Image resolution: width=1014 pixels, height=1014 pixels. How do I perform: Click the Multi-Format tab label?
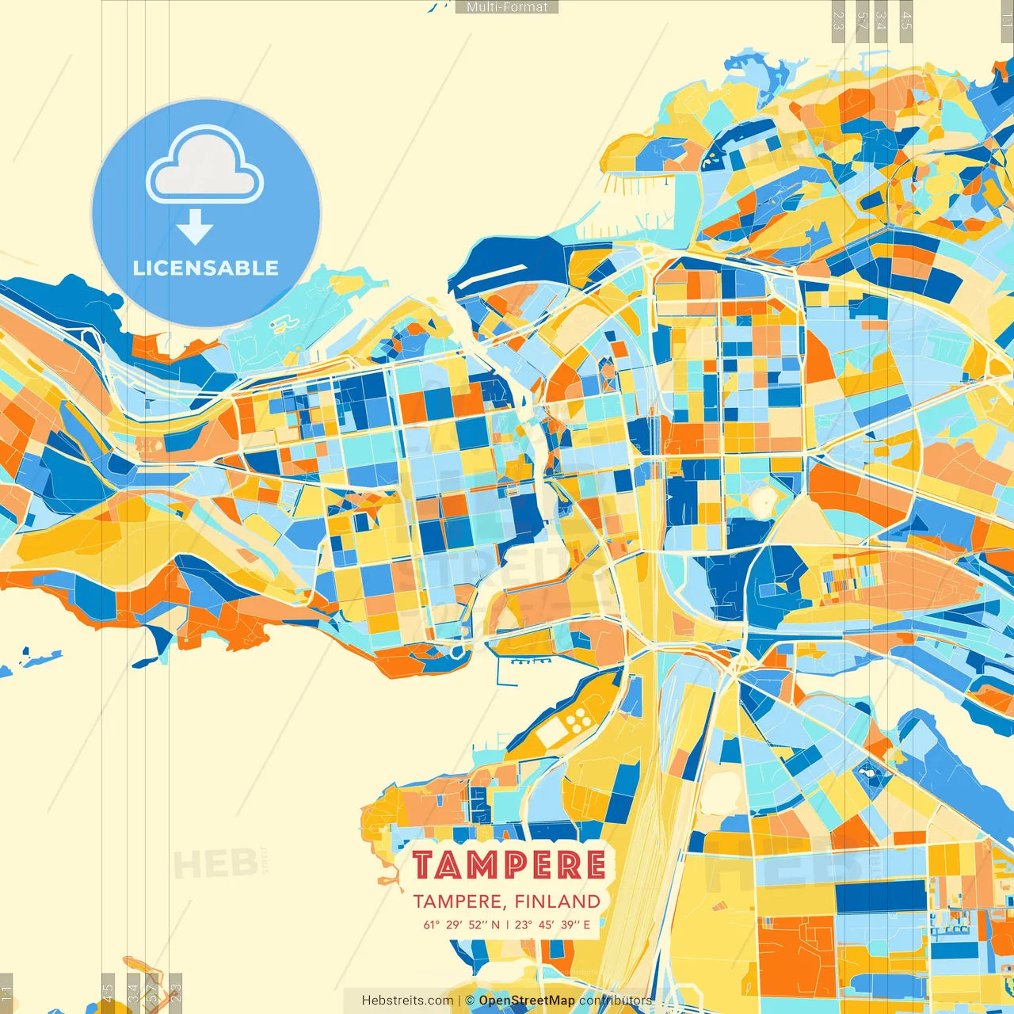point(507,7)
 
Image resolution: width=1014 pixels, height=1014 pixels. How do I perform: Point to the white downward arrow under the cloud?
point(195,227)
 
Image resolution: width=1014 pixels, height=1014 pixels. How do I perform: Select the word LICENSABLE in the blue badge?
point(205,268)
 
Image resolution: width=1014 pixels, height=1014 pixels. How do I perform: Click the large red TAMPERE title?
point(509,866)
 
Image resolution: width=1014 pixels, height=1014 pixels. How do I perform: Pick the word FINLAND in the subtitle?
point(557,902)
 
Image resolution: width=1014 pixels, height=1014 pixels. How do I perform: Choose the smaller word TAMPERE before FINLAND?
point(456,902)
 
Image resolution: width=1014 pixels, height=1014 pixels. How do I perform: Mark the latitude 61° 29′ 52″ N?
point(461,924)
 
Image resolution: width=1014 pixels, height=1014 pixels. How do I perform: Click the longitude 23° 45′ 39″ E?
point(552,924)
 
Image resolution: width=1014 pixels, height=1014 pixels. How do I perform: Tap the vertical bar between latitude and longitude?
point(507,924)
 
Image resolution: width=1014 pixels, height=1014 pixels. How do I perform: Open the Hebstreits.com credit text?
point(407,1001)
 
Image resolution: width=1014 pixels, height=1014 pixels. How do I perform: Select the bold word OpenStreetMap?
point(527,1001)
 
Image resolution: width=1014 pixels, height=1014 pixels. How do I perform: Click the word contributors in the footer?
point(616,1001)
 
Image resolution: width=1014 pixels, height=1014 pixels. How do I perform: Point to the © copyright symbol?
point(470,1001)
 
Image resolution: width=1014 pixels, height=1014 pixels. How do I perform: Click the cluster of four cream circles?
point(578,719)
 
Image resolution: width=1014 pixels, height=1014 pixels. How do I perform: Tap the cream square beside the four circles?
point(551,734)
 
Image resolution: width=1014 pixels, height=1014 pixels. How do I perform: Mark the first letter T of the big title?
point(424,866)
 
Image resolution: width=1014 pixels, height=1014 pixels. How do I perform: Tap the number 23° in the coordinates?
point(523,924)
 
